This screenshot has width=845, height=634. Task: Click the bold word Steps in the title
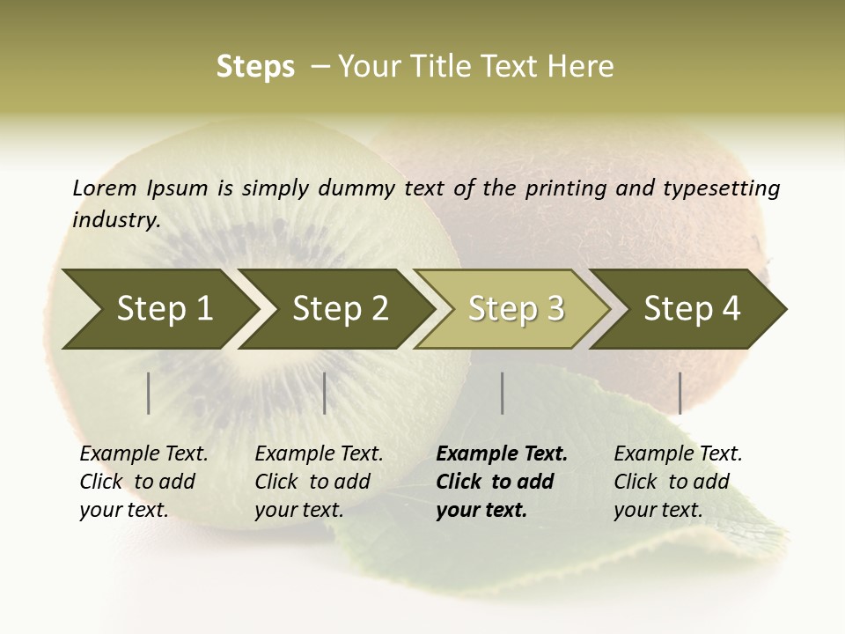255,66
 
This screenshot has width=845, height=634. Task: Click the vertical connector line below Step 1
149,393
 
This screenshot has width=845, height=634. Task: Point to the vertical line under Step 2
325,393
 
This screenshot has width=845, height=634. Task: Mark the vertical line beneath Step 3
502,393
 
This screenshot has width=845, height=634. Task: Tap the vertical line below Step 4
680,393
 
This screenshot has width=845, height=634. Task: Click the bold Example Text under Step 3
502,481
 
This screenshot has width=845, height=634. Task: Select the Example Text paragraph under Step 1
143,481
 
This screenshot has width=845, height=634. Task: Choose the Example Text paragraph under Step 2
319,481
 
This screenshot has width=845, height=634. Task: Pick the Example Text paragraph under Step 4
678,481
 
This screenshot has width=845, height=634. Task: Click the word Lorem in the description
105,188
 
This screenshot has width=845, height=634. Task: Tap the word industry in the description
116,219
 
